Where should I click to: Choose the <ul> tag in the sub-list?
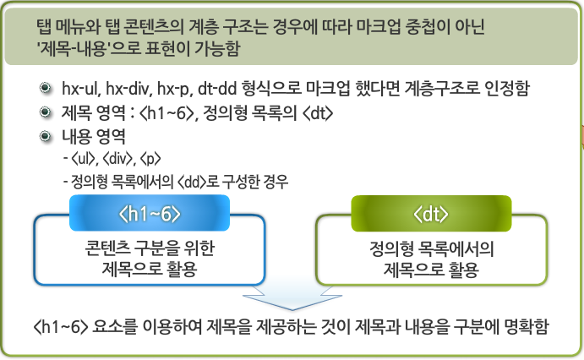[x=85, y=158]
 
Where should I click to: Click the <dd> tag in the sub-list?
[x=188, y=181]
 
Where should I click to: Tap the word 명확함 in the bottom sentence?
[x=525, y=326]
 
